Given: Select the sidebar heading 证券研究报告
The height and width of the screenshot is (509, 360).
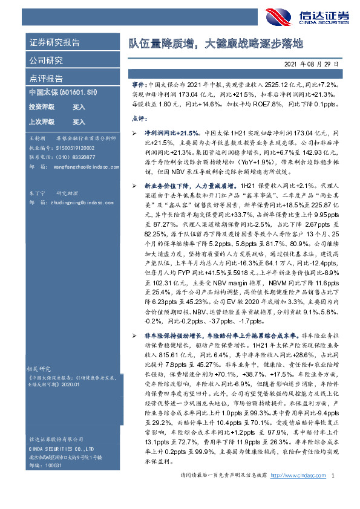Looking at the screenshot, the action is [x=54, y=44].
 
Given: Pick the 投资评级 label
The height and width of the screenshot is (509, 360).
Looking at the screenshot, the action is [x=41, y=107].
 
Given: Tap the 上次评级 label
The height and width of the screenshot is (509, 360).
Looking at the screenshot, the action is [x=41, y=122].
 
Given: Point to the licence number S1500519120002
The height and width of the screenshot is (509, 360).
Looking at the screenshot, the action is [x=74, y=147].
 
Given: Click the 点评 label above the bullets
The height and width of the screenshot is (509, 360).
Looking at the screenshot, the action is [x=139, y=121].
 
